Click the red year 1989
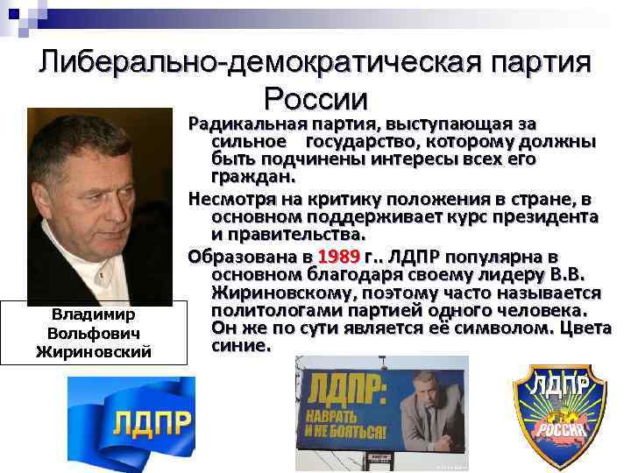(339, 257)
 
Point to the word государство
(362, 142)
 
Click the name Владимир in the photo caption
(94, 314)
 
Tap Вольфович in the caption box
(94, 333)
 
